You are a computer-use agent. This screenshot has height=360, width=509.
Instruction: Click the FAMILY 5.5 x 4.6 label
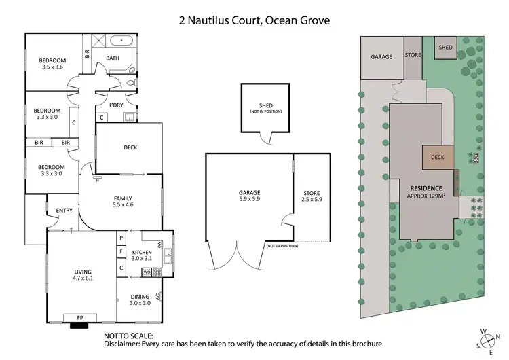pos(124,201)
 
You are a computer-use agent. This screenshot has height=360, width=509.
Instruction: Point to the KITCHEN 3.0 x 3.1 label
pos(143,255)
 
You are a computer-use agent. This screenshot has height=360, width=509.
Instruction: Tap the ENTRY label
pos(64,210)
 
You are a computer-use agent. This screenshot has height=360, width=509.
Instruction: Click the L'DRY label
pos(116,105)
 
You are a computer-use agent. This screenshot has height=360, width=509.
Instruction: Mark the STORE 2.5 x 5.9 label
pos(312,198)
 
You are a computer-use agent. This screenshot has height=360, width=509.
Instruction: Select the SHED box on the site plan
pos(445,48)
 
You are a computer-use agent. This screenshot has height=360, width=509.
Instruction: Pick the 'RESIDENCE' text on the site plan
pos(426,187)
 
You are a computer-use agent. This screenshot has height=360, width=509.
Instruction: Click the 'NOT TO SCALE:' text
pos(129,336)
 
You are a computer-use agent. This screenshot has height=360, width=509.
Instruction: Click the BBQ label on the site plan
pos(476,158)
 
